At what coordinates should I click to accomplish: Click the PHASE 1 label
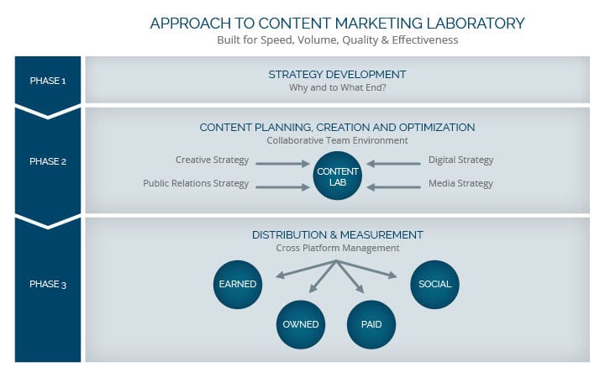[48, 81]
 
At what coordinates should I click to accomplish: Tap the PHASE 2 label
[48, 161]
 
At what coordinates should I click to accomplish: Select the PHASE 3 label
[48, 284]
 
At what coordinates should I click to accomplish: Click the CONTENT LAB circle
[337, 176]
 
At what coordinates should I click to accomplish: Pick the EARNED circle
[238, 284]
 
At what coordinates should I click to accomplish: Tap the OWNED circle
[301, 324]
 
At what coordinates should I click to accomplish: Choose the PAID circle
[371, 324]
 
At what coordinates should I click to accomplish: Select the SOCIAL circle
[434, 284]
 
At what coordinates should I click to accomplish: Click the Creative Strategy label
[212, 160]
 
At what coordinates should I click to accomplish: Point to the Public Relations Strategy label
[196, 184]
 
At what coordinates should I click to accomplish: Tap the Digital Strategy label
[460, 160]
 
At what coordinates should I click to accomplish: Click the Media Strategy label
[460, 184]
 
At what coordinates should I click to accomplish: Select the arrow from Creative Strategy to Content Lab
[282, 164]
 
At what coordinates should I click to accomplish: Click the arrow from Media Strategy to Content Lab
[393, 187]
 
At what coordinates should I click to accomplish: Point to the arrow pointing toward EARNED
[306, 269]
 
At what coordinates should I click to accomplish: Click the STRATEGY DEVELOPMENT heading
[337, 75]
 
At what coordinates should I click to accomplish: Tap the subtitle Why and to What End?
[338, 88]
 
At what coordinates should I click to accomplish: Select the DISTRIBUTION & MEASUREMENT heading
[338, 235]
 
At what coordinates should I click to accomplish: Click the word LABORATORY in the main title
[476, 24]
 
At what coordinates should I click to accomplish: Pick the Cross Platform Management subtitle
[338, 248]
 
